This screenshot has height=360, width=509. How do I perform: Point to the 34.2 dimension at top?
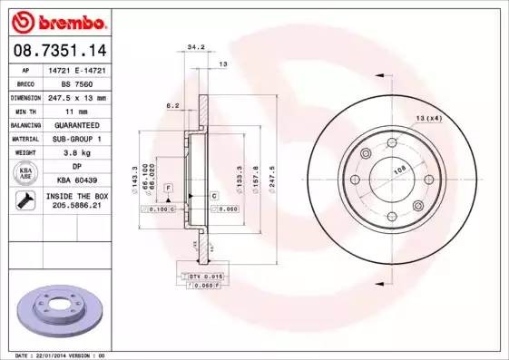tap(194, 47)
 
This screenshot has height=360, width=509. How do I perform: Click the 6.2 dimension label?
tap(171, 106)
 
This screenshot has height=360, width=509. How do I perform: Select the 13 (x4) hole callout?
tap(428, 118)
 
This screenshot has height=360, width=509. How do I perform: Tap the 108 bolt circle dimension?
tap(396, 169)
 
